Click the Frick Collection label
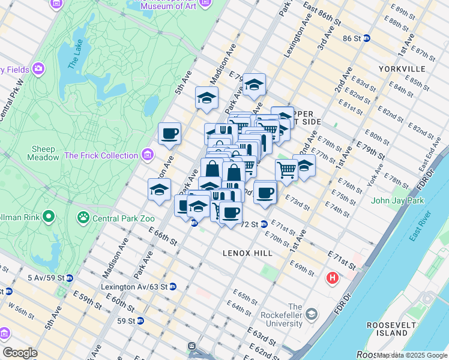tap(101, 155)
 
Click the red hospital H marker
tap(332, 278)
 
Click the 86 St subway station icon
tap(366, 38)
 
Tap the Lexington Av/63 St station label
tap(134, 287)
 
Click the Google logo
tap(20, 353)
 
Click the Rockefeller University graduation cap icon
tap(312, 314)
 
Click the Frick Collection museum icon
tap(148, 155)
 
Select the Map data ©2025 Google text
tap(412, 356)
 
